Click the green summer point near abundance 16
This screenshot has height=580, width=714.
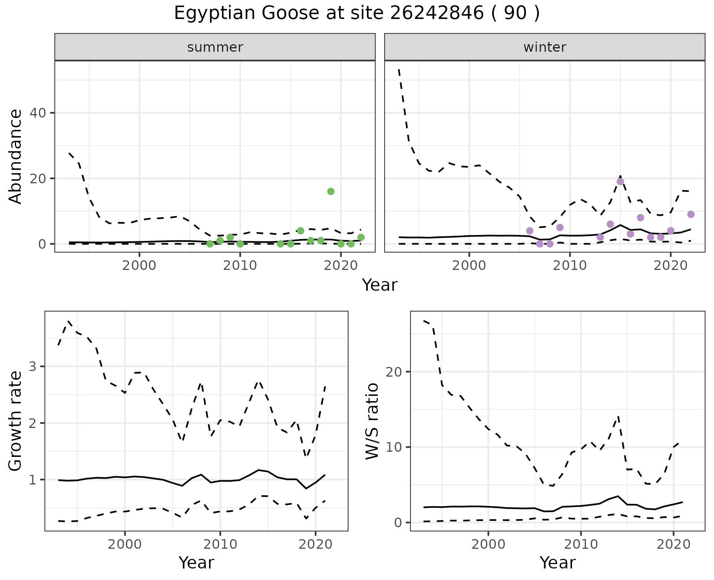pos(331,191)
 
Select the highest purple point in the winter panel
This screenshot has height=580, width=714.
pos(620,181)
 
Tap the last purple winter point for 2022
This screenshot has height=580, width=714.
pos(691,214)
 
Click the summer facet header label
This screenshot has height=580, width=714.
pos(215,47)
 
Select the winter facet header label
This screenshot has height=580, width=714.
pos(544,47)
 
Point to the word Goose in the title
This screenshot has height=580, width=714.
pos(290,13)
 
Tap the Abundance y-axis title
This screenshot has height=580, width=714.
pos(15,156)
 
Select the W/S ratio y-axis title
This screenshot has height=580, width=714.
pos(372,421)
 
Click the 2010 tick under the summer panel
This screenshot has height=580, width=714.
pos(240,266)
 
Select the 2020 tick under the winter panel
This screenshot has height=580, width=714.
pos(670,266)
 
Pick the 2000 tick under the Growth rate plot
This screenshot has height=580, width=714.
pos(125,545)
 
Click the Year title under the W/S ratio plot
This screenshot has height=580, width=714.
pos(557,563)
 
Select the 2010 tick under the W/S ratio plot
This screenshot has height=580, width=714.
pos(580,545)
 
